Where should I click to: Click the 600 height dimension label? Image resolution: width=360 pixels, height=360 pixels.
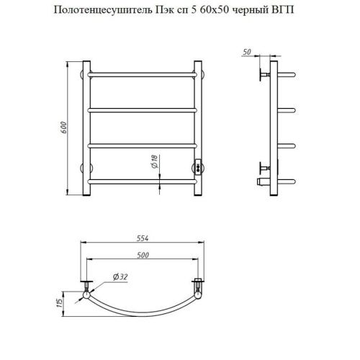pos(65,127)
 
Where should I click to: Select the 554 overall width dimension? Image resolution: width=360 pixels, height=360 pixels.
pos(142,240)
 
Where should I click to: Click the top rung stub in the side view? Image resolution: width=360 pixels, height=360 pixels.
pos(287,74)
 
